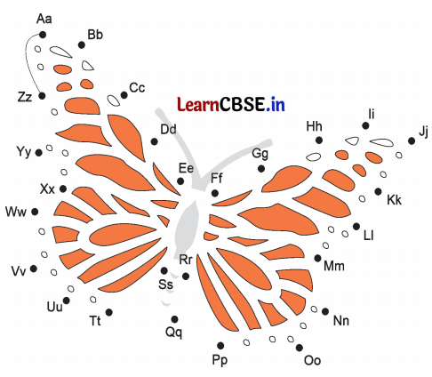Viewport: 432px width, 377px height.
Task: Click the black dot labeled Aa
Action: tap(43, 35)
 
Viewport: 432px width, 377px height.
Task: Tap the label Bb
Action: tap(95, 35)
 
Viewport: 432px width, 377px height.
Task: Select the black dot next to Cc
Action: tap(124, 95)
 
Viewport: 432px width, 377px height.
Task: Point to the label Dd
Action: tap(168, 129)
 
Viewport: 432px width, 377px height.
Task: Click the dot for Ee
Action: tap(180, 181)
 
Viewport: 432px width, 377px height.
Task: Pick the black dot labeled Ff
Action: tap(215, 194)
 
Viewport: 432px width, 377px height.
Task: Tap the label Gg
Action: tap(260, 154)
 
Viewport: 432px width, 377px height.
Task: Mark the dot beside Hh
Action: tap(319, 140)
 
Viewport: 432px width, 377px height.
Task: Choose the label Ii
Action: tap(372, 114)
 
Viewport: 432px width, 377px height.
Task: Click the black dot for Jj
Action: tap(412, 140)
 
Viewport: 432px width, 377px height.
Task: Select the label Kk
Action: tap(394, 200)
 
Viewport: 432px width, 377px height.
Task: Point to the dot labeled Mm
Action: tap(317, 258)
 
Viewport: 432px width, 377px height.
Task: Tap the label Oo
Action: tap(312, 360)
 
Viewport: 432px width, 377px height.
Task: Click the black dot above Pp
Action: tap(220, 345)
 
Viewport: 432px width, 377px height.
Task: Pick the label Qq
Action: tap(173, 333)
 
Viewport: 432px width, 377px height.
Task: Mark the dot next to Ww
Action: tap(35, 212)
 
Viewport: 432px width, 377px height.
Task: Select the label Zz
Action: tap(25, 97)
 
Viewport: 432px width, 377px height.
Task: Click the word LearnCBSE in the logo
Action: tap(220, 104)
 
